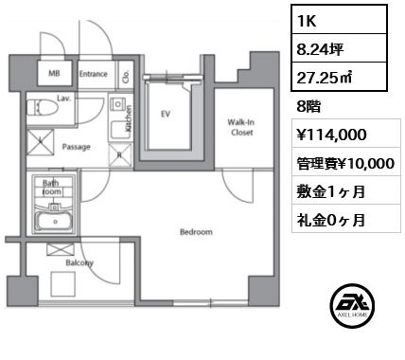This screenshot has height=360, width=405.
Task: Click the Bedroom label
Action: pyautogui.click(x=196, y=232)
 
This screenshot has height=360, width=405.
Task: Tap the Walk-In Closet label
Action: pyautogui.click(x=241, y=127)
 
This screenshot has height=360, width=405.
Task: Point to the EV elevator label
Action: pyautogui.click(x=166, y=114)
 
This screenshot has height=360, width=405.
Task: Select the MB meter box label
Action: pyautogui.click(x=54, y=73)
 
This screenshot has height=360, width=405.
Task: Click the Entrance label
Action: pyautogui.click(x=93, y=74)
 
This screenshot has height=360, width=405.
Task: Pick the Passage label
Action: pyautogui.click(x=77, y=147)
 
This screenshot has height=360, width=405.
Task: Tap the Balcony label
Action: pyautogui.click(x=79, y=262)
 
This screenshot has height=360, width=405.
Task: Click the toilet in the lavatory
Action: pyautogui.click(x=42, y=107)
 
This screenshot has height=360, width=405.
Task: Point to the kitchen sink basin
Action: pyautogui.click(x=117, y=131)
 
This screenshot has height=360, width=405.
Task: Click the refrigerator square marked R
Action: pyautogui.click(x=120, y=154)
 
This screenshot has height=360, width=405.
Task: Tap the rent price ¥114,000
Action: pyautogui.click(x=331, y=135)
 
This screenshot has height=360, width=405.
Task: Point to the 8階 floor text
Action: pyautogui.click(x=308, y=107)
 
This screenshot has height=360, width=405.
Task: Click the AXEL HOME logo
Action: pyautogui.click(x=353, y=305)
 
